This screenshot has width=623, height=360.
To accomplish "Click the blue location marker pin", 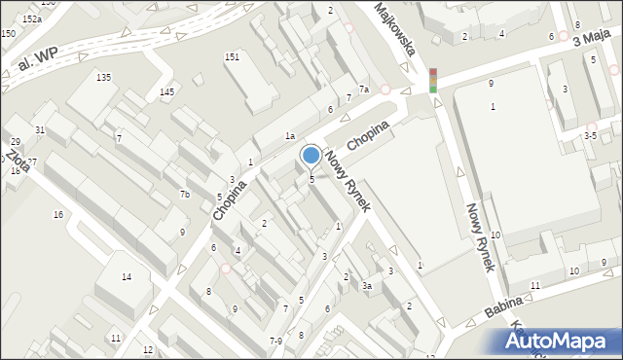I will point(311,156).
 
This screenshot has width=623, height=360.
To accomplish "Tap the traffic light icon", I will point(432,80).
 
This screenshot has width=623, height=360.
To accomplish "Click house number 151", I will point(232,57).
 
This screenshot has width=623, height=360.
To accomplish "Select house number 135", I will point(103,77).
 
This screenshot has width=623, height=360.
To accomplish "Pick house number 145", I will point(167,91).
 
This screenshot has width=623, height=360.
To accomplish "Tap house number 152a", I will point(32,18).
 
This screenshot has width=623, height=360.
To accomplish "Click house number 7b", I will point(184,195).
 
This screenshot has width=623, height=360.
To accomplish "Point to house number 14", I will point(126,277).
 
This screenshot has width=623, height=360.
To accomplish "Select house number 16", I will point(58,214).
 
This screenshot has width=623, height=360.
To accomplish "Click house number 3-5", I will point(590,135).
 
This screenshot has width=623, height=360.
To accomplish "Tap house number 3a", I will point(367,286).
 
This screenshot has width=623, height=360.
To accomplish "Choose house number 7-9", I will point(275,341).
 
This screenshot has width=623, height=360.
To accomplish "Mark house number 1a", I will point(289,136).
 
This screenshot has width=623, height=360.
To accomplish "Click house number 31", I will point(40,129).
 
